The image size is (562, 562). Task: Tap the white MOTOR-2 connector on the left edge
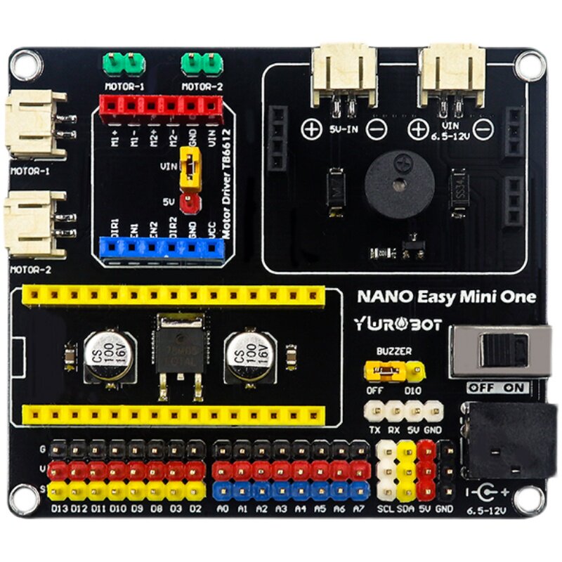(34, 226)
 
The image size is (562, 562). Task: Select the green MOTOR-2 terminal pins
(202, 65)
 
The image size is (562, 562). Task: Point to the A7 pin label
(359, 507)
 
